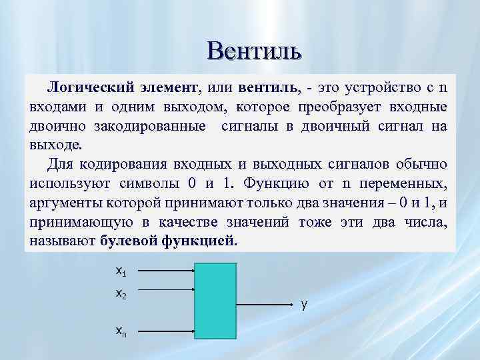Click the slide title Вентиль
point(254,50)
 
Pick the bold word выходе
point(55,145)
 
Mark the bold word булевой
point(129,241)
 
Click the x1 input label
point(121,271)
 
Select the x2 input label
point(121,293)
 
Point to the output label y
point(304,305)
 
